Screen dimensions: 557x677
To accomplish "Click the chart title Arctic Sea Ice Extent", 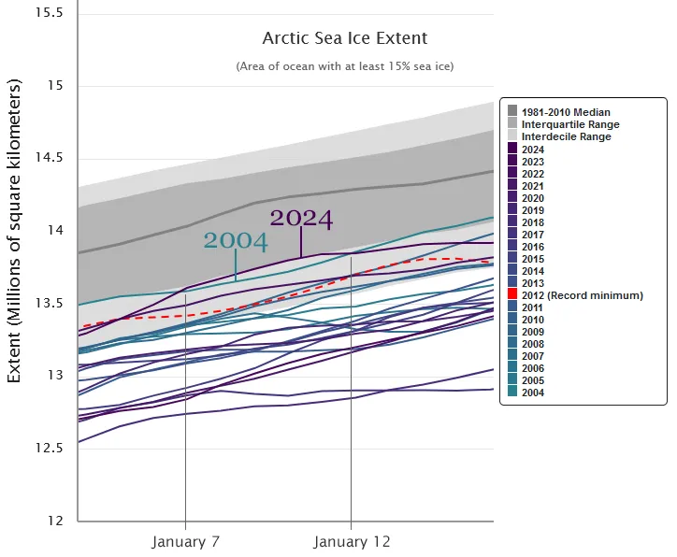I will pos(344,38).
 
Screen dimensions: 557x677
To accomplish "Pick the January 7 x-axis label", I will pos(185,542).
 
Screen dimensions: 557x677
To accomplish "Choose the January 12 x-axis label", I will pos(352,542).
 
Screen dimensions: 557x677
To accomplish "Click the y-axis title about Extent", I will pos(15,231).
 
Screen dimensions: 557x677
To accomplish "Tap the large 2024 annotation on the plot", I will pos(301,219).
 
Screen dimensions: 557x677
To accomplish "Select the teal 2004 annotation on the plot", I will pos(236,241).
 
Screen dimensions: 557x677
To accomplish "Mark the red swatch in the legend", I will pos(512,295).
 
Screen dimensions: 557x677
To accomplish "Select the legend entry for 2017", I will pos(533,235).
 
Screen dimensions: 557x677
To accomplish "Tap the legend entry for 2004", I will pos(533,393).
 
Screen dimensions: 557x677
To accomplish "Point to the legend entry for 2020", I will pos(533,198).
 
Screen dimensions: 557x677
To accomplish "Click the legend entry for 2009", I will pos(533,332).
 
